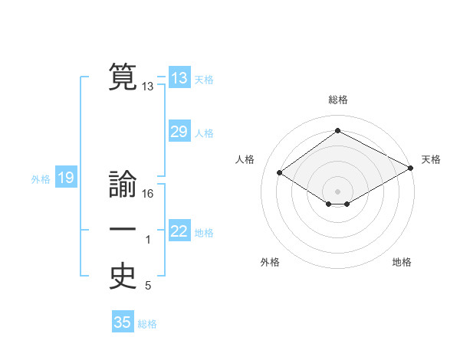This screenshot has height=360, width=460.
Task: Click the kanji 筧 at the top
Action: [x=123, y=77]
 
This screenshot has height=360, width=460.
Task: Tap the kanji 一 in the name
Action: [x=123, y=229]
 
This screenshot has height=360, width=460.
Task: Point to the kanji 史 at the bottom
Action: [x=123, y=277]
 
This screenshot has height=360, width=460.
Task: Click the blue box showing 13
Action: [x=179, y=78]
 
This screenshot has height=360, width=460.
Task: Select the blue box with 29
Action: [x=179, y=132]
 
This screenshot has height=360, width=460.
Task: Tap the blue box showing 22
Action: [x=179, y=231]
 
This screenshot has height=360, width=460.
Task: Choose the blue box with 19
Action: [x=65, y=178]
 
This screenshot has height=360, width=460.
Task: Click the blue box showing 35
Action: [x=123, y=322]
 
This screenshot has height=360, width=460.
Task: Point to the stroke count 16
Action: [x=148, y=194]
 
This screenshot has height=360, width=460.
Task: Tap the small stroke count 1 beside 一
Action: [x=148, y=240]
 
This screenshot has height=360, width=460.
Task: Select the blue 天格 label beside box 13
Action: [x=204, y=80]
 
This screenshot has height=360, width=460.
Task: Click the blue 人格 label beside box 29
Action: [x=204, y=133]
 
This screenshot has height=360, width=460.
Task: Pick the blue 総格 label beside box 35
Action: [x=147, y=324]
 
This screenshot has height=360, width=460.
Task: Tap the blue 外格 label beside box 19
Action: [x=41, y=180]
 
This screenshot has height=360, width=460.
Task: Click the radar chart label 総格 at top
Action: [x=337, y=100]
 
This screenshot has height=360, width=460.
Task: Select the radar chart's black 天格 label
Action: [x=431, y=159]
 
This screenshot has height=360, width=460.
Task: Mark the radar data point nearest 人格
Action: [x=280, y=173]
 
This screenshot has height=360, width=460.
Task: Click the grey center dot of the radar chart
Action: [x=337, y=191]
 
